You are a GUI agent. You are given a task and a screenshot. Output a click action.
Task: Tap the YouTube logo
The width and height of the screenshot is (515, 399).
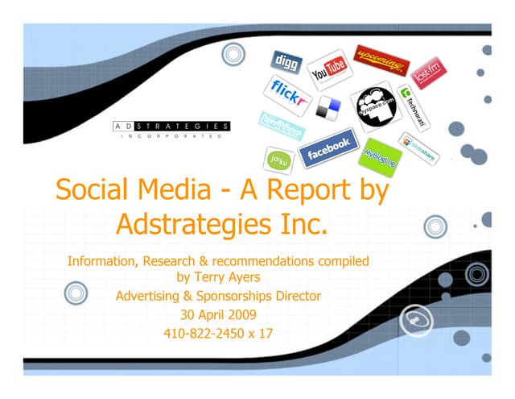click(x=329, y=65)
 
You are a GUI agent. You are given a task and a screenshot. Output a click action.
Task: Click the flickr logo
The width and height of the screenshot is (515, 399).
click(x=287, y=95)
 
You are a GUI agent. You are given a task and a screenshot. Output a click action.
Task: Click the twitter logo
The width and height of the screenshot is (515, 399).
click(x=282, y=126)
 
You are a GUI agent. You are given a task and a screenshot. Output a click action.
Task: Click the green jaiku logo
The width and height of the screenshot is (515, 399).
click(x=278, y=158)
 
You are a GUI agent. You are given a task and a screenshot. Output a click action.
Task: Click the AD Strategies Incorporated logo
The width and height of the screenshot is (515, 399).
click(x=170, y=130)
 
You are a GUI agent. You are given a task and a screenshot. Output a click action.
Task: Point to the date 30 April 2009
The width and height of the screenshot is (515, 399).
click(x=218, y=314)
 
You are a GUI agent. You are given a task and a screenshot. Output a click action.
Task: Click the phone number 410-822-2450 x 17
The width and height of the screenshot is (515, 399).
click(x=218, y=332)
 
